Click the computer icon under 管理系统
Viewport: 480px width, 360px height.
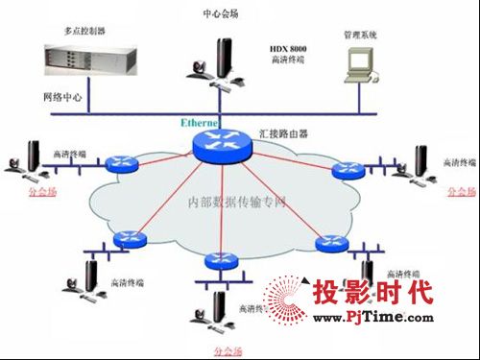click(357, 63)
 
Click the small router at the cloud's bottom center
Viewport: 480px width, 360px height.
click(218, 260)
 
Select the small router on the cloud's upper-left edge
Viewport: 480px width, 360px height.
click(123, 165)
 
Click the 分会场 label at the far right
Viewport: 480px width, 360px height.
click(460, 192)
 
